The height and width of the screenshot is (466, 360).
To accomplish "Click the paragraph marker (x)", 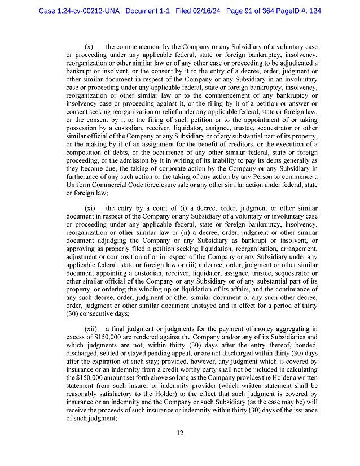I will [x=89, y=46].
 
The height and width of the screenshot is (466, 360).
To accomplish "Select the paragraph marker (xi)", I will [x=90, y=208].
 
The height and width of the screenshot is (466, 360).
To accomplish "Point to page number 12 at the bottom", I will [x=179, y=433].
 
